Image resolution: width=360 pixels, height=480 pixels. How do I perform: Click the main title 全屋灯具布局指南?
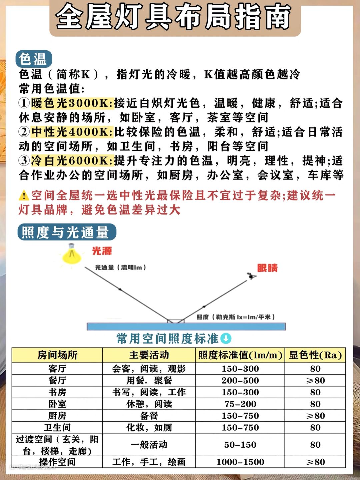click(x=173, y=17)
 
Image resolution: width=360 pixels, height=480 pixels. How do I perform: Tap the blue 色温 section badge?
click(x=33, y=59)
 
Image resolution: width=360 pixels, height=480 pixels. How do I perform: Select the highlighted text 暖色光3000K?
click(x=72, y=103)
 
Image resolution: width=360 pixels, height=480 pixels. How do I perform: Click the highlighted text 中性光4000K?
click(x=72, y=132)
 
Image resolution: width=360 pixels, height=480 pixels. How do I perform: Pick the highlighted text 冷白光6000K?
click(x=72, y=161)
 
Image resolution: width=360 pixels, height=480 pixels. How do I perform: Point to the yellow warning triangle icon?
click(x=24, y=195)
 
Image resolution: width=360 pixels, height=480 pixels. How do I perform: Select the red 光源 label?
click(x=102, y=251)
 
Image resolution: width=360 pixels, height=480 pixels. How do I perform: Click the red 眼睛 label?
click(x=267, y=268)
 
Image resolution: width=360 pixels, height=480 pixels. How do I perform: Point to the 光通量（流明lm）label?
click(x=120, y=267)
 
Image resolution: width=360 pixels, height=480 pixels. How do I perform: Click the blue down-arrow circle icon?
click(x=226, y=339)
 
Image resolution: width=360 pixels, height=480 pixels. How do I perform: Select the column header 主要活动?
click(x=149, y=355)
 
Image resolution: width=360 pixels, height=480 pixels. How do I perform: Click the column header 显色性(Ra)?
click(x=315, y=355)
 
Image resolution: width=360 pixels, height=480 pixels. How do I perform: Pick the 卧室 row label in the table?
click(x=57, y=404)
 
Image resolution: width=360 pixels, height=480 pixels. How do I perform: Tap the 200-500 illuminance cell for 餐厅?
click(x=240, y=380)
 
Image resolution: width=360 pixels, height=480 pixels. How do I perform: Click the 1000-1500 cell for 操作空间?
click(x=240, y=462)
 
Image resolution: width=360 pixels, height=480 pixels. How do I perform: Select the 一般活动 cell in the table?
click(x=149, y=445)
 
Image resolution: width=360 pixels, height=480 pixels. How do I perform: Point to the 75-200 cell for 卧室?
click(x=240, y=404)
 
